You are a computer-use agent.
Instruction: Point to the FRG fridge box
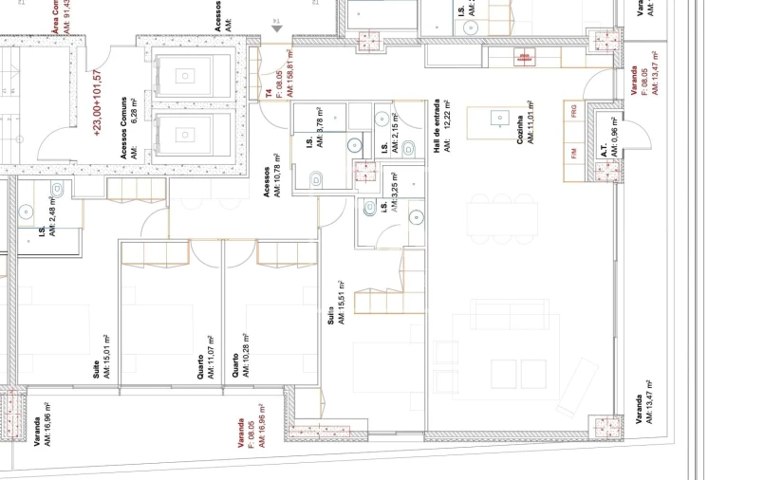click(x=573, y=112)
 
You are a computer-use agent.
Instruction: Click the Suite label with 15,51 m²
click(x=330, y=316)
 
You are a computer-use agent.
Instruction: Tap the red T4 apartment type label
click(x=269, y=93)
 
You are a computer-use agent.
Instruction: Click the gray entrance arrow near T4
click(x=276, y=29)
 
